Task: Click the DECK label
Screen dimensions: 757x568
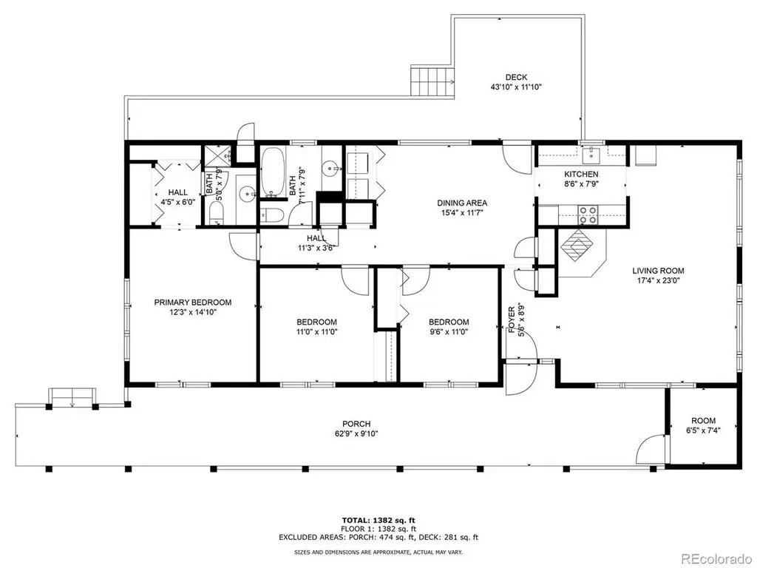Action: [x=516, y=77]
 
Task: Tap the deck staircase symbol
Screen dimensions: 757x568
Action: [x=433, y=81]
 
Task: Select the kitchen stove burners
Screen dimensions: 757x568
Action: [x=588, y=215]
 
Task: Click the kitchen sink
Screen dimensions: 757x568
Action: [x=591, y=155]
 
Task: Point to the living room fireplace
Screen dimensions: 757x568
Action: [x=577, y=245]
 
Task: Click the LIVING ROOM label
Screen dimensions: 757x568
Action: [x=658, y=271]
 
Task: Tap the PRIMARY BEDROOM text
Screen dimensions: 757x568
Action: [x=193, y=302]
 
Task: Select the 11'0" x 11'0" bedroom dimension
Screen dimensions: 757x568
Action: [x=316, y=332]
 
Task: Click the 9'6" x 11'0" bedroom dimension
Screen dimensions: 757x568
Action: [x=449, y=332]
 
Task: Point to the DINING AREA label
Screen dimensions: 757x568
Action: [x=462, y=203]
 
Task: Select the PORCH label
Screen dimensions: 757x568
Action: [x=356, y=425]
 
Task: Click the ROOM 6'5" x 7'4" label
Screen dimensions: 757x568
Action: [x=704, y=425]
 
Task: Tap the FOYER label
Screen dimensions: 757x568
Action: [x=512, y=319]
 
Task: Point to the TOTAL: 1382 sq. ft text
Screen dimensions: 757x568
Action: [x=378, y=520]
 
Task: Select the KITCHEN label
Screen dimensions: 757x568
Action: [x=581, y=174]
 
